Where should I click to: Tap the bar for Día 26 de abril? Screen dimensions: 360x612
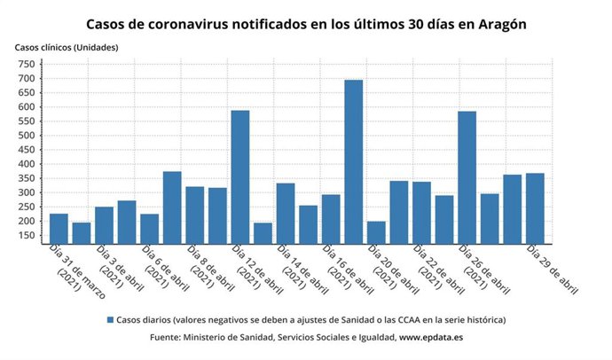[x=467, y=176]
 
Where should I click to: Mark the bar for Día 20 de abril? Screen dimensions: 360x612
[x=376, y=231]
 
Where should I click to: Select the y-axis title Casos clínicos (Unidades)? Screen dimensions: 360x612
[x=66, y=46]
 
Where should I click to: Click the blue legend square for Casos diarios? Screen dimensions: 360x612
[x=110, y=319]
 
